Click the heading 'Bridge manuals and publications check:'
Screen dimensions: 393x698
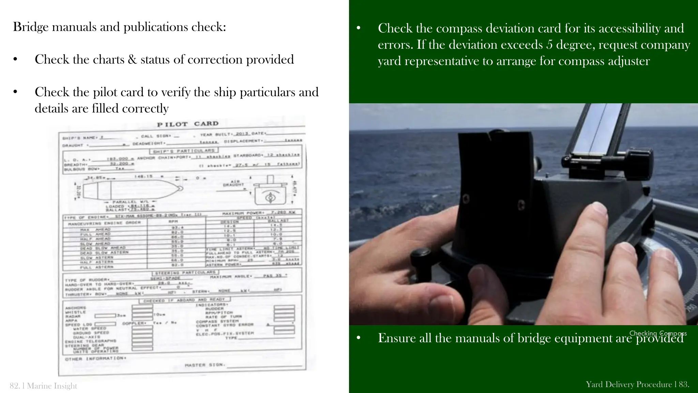click(x=119, y=27)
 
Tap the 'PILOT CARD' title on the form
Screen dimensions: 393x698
click(x=187, y=124)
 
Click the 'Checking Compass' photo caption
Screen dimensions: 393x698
click(x=658, y=333)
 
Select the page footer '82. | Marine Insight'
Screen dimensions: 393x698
click(x=44, y=386)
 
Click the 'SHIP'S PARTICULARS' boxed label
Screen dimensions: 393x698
click(x=184, y=150)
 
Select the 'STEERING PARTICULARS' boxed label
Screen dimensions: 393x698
click(x=185, y=273)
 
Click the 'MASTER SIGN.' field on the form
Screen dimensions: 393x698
click(x=205, y=365)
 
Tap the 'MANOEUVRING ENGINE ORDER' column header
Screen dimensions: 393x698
click(x=104, y=223)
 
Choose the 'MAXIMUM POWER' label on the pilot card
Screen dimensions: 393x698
click(x=243, y=213)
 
